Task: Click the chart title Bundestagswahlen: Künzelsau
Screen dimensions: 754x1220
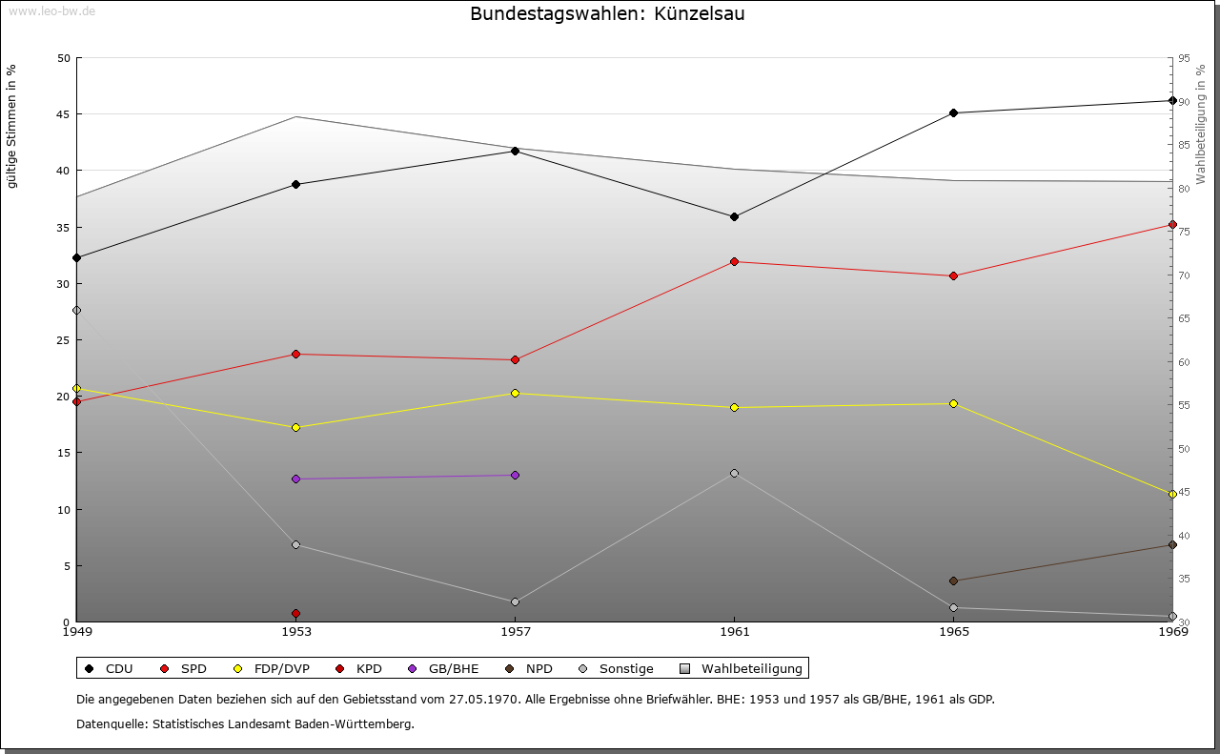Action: [607, 14]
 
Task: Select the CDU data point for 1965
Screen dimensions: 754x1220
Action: [953, 113]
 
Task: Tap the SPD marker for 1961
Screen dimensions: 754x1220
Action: [734, 262]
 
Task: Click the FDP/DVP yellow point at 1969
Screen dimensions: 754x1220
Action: [1172, 494]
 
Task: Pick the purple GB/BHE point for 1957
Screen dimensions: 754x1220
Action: [515, 475]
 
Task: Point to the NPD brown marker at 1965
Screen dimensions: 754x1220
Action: [953, 581]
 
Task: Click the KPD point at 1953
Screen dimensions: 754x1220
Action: [295, 613]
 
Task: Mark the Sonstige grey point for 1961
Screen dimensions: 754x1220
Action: [734, 473]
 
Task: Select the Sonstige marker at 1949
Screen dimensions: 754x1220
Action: [76, 310]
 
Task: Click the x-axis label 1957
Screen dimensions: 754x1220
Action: [515, 632]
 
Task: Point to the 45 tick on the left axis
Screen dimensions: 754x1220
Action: [64, 114]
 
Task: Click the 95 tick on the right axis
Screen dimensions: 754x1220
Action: [1184, 58]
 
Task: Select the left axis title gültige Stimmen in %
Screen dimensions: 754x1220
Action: [12, 126]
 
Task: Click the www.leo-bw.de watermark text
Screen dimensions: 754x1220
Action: [50, 10]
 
